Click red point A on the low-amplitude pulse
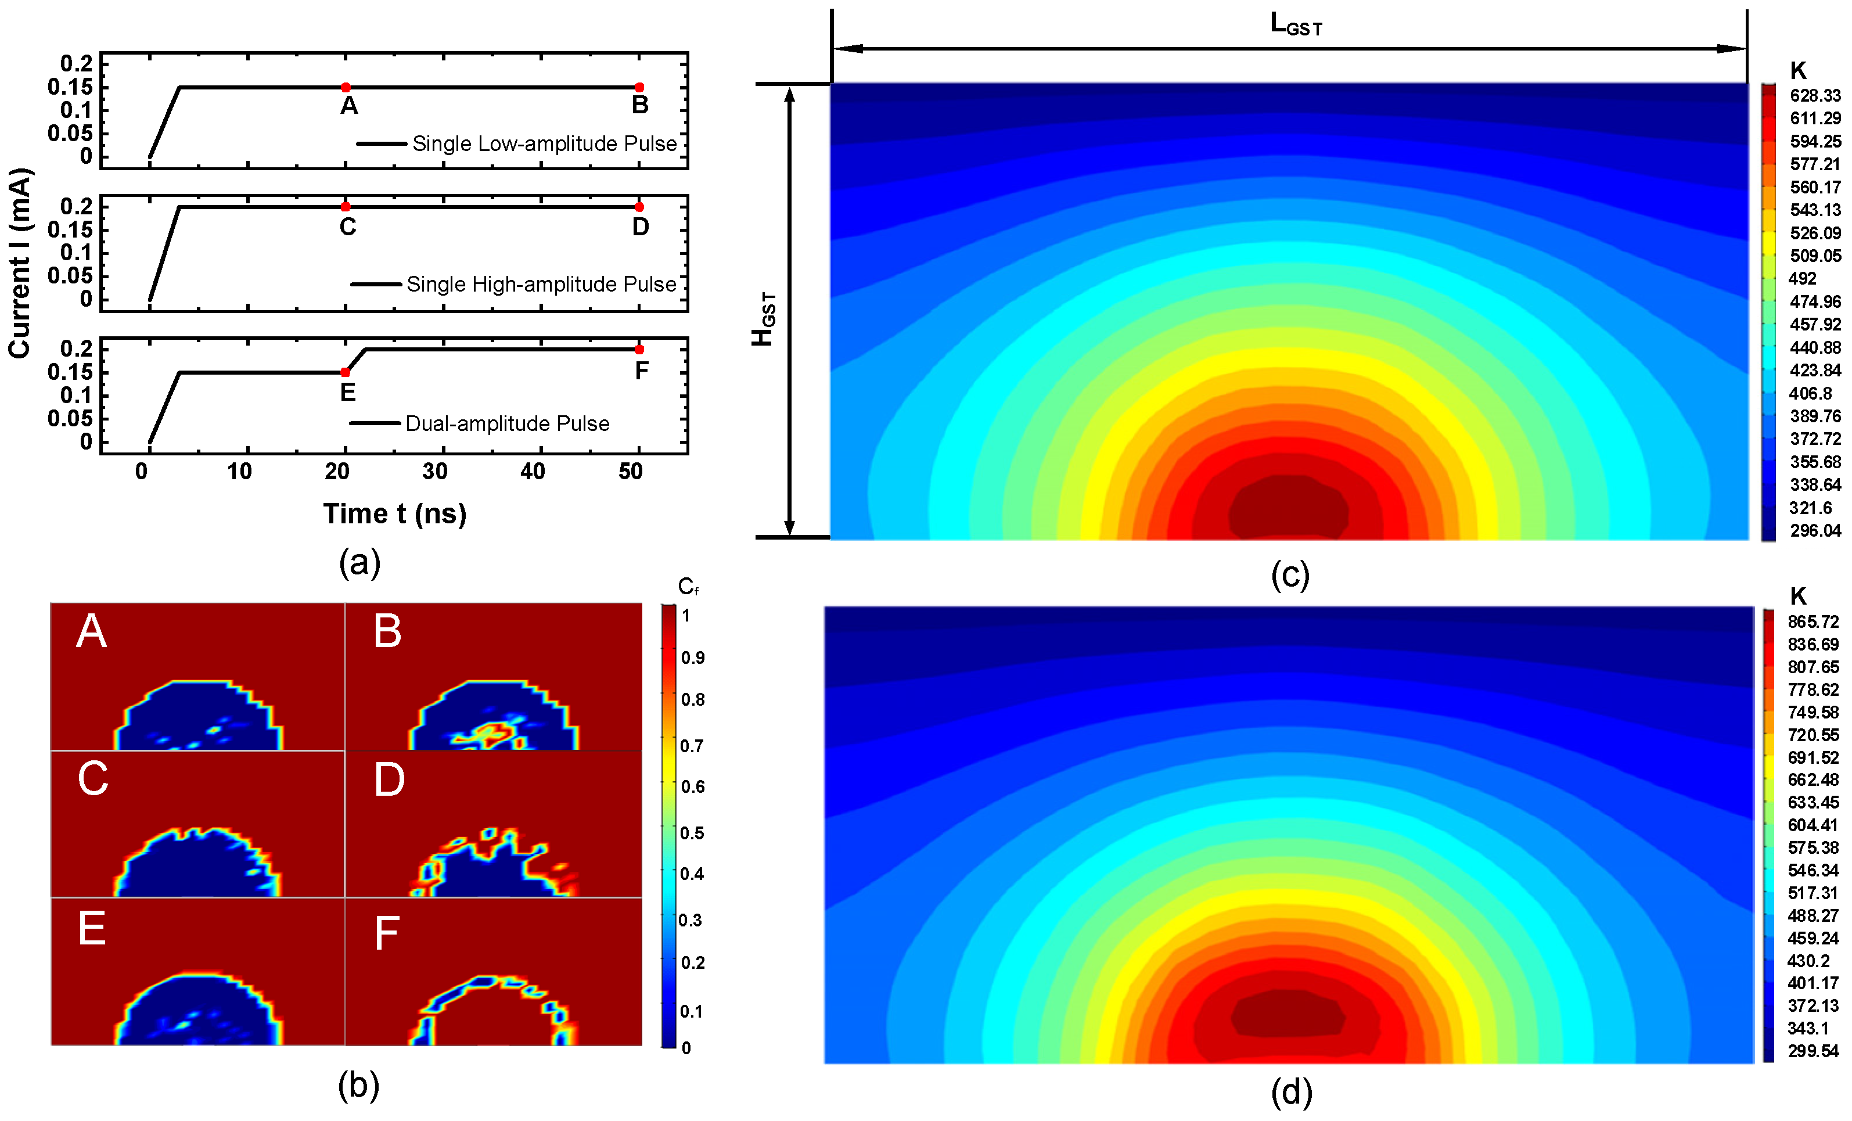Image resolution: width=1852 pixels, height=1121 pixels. (346, 87)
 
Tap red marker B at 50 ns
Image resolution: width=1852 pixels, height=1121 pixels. (639, 87)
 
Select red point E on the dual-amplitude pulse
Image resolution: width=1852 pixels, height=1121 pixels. (345, 372)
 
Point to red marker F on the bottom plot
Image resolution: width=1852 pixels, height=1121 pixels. (639, 350)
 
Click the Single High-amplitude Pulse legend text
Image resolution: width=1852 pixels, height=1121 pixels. (541, 284)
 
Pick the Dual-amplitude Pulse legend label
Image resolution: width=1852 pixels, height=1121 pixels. (508, 423)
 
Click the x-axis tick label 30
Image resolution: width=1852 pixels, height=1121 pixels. (434, 472)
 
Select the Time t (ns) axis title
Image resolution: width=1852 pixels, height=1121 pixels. (394, 513)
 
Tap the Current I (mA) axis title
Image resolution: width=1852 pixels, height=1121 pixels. (20, 263)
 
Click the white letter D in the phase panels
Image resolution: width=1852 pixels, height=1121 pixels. (389, 779)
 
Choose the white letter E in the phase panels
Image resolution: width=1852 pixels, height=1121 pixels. (92, 929)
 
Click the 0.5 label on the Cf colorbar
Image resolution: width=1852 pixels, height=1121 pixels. (692, 833)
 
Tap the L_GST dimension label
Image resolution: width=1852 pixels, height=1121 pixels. (1295, 25)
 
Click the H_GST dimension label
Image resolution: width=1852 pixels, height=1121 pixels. (764, 319)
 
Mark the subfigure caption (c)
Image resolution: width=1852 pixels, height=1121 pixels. (1290, 575)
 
